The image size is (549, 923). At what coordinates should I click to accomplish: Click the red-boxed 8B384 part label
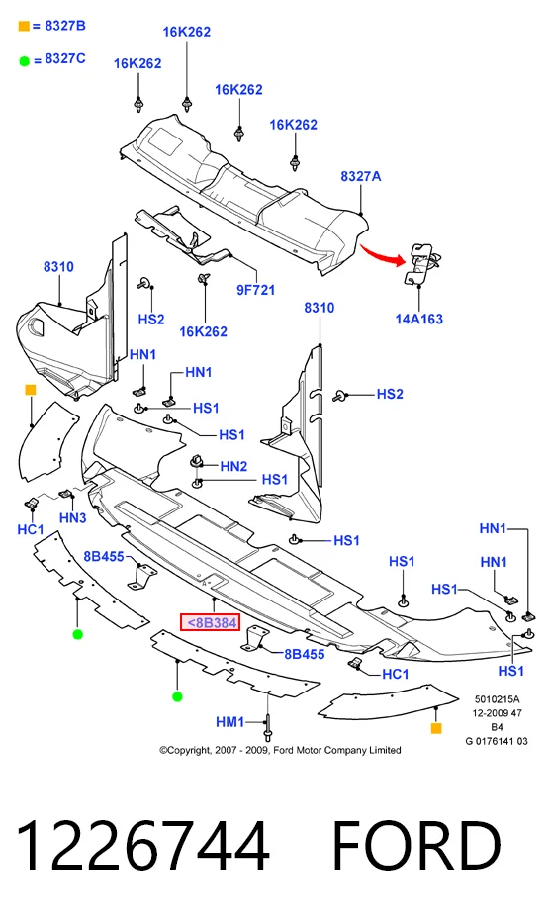[x=210, y=621]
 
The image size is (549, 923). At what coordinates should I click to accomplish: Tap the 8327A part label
[x=361, y=176]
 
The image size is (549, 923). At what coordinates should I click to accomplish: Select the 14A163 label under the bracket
[x=419, y=320]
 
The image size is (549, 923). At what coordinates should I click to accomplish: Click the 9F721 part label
[x=256, y=290]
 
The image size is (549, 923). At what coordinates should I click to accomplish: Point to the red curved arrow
[x=383, y=253]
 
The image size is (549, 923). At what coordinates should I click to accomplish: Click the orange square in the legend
[x=24, y=26]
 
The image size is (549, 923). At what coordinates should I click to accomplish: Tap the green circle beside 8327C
[x=24, y=60]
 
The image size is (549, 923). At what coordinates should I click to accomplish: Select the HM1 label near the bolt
[x=229, y=722]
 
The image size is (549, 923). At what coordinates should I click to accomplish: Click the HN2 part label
[x=233, y=466]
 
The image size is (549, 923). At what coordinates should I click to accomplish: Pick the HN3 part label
[x=73, y=518]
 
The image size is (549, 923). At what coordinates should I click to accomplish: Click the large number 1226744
[x=143, y=846]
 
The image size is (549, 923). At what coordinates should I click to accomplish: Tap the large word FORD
[x=416, y=846]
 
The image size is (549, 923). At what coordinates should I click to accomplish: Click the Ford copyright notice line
[x=280, y=750]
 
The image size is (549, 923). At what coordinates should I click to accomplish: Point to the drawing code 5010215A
[x=498, y=699]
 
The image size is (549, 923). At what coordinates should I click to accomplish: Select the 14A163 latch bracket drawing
[x=421, y=263]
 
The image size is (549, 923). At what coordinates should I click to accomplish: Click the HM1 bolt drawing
[x=268, y=726]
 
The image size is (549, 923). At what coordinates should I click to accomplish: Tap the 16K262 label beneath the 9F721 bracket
[x=203, y=332]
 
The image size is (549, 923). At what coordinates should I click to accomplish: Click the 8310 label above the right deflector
[x=319, y=308]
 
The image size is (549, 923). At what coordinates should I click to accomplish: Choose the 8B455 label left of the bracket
[x=104, y=556]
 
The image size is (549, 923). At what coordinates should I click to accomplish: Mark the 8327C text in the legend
[x=65, y=58]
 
